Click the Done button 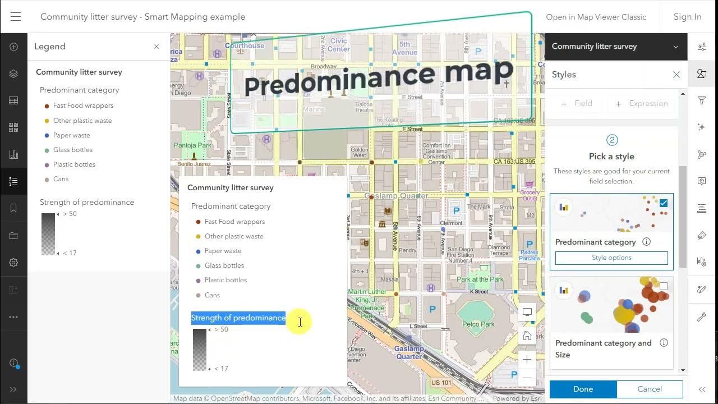click(583, 389)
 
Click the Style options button click(611, 258)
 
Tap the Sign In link click(687, 17)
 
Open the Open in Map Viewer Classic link click(596, 17)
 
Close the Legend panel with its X click(157, 47)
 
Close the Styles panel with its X click(676, 75)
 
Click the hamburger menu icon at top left click(16, 17)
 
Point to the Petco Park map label click(478, 324)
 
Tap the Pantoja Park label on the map click(192, 145)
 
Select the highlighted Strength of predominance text click(238, 318)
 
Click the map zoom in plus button click(527, 360)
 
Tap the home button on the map click(527, 336)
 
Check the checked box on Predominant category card click(664, 203)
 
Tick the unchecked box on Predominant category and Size click(664, 286)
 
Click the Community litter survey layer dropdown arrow click(676, 47)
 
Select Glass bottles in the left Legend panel click(72, 150)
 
